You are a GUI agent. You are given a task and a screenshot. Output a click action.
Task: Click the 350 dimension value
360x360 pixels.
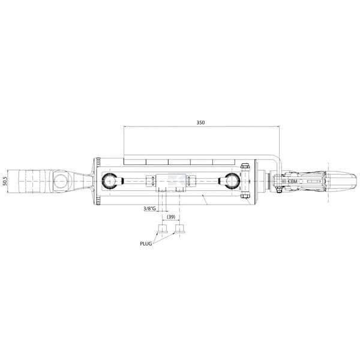click(x=200, y=122)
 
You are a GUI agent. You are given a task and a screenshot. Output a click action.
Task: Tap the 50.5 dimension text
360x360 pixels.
click(x=5, y=181)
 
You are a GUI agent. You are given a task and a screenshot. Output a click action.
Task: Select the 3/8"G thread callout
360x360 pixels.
click(x=149, y=209)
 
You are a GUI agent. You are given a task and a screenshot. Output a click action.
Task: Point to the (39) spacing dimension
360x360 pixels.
click(x=171, y=217)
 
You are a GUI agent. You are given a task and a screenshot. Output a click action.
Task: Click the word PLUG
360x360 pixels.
click(x=146, y=244)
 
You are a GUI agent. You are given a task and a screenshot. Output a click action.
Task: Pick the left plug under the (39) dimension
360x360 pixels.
click(x=163, y=229)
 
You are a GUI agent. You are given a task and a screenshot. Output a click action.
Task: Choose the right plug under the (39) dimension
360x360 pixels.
click(x=180, y=229)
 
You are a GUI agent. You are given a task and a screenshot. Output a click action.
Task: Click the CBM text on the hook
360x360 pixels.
click(x=293, y=181)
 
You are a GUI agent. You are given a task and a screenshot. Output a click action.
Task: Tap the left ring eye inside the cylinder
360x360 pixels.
click(x=109, y=181)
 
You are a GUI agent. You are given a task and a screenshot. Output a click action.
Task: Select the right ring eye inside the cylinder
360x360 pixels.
click(x=232, y=181)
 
